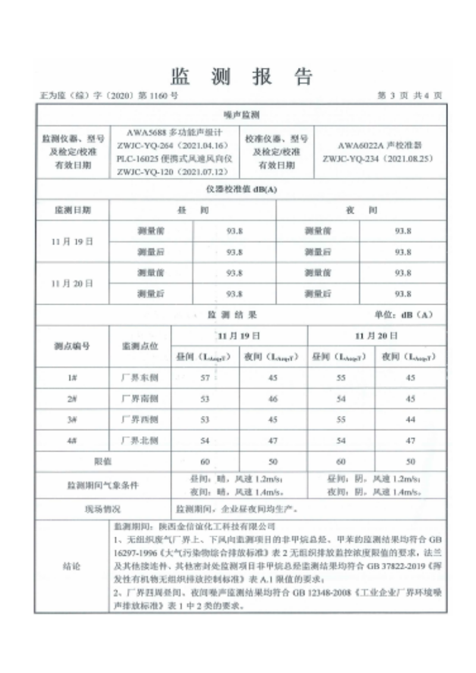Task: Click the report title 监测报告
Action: [241, 76]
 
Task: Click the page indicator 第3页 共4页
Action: [410, 95]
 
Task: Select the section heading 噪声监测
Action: [240, 114]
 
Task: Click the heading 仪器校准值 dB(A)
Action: [240, 190]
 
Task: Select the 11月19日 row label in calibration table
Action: [73, 241]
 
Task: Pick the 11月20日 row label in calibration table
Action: [73, 283]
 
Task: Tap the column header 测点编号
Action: [73, 346]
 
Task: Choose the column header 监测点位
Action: [140, 346]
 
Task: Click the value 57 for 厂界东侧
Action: [205, 378]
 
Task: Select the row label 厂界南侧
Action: [140, 399]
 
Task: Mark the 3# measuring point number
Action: [73, 420]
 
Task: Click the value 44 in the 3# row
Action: [410, 420]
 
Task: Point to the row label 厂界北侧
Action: [140, 440]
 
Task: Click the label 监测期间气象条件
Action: [104, 486]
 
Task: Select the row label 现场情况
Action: [104, 509]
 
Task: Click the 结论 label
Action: [71, 567]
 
